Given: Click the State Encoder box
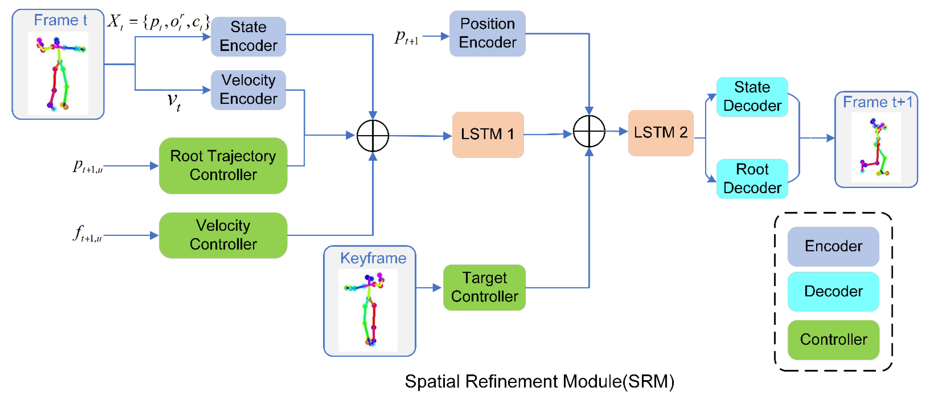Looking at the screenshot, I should [x=248, y=36].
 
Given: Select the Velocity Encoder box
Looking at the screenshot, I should [x=248, y=90].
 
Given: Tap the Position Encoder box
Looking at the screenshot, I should [x=487, y=33].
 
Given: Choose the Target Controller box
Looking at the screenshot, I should [x=484, y=287].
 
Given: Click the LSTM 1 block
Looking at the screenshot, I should [x=488, y=134].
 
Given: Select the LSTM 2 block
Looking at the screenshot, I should [x=660, y=133].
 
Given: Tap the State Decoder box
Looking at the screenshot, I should [x=752, y=97].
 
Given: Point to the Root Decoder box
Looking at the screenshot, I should [x=752, y=179].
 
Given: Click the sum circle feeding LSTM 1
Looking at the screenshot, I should [x=373, y=136].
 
